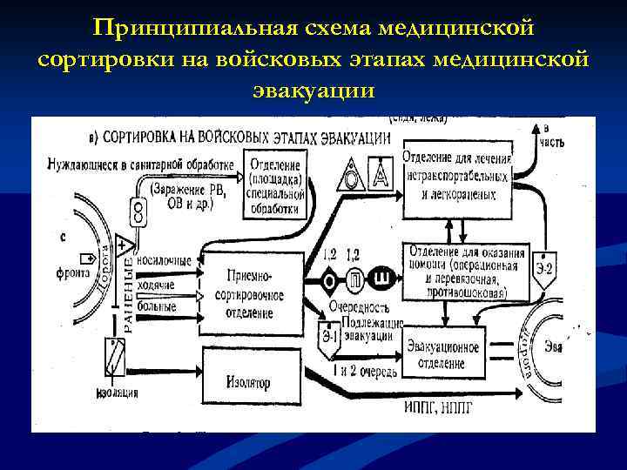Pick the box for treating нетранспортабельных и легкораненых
pos(456,184)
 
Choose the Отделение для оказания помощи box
pos(465,270)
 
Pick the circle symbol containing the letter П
pos(356,279)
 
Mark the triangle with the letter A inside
pos(380,173)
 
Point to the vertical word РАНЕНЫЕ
pos(128,294)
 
